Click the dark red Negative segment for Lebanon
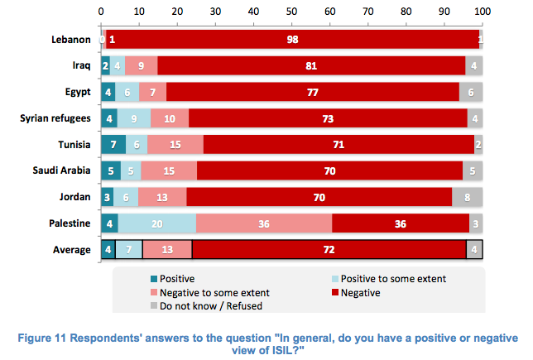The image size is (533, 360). tap(293, 39)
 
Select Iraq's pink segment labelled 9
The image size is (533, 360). tap(141, 65)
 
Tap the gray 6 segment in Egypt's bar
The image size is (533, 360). tap(471, 92)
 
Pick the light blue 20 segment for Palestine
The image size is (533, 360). tap(157, 223)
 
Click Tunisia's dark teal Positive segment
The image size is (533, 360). tap(113, 145)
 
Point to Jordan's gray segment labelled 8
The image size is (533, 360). tap(468, 197)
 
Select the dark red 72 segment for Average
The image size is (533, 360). tap(329, 250)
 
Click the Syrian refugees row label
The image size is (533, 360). tap(55, 118)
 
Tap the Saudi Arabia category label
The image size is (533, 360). tap(61, 170)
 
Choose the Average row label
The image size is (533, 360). tap(72, 250)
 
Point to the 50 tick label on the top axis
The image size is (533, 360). tap(291, 12)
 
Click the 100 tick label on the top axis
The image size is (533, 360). tap(483, 12)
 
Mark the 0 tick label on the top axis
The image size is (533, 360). tap(101, 12)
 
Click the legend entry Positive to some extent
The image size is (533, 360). tap(389, 279)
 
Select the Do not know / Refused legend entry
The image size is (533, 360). tap(206, 306)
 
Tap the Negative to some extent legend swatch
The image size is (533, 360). tap(154, 292)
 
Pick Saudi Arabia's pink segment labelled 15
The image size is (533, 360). tap(169, 170)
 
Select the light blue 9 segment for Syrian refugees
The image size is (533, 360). tap(134, 118)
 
